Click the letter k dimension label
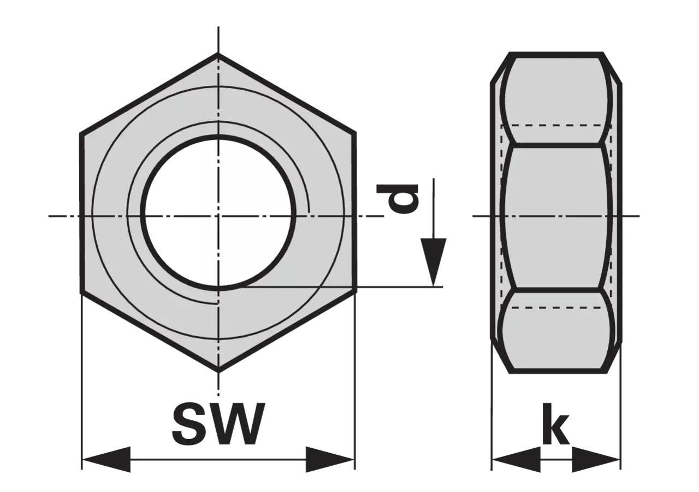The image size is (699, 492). (x=556, y=424)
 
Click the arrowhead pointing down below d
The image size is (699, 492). (x=433, y=262)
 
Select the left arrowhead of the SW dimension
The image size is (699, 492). (x=106, y=460)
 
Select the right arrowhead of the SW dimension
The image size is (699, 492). (x=330, y=460)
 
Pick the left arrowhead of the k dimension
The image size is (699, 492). (x=516, y=460)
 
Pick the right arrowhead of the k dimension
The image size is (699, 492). (x=596, y=460)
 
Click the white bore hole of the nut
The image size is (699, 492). (x=218, y=213)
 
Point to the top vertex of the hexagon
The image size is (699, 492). (x=218, y=55)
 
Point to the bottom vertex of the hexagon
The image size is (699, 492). (x=218, y=371)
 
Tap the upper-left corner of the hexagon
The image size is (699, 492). (x=81, y=134)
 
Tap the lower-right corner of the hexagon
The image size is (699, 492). (x=355, y=293)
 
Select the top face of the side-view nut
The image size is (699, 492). (x=556, y=101)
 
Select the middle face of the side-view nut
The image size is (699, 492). (x=556, y=216)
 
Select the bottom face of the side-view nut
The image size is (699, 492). (x=556, y=331)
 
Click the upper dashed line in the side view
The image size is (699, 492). (x=556, y=125)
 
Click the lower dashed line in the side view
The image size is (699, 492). (x=556, y=307)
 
